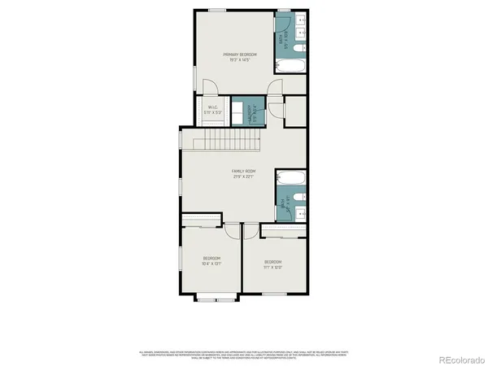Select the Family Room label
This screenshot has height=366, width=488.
tap(244, 174)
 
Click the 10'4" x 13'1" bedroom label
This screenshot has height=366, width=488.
tap(211, 260)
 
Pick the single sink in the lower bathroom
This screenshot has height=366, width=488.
tap(299, 213)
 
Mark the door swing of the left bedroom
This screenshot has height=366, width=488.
tap(232, 231)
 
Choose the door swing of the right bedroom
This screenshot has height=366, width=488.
tap(251, 231)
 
